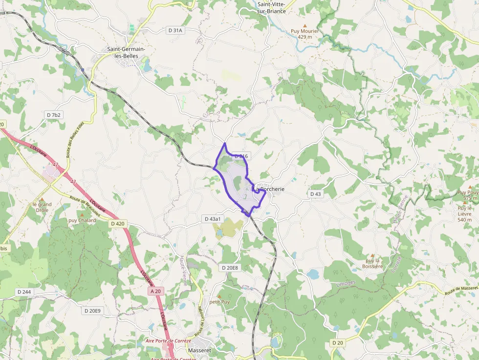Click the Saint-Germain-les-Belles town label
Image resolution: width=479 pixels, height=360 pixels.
pos(123,52)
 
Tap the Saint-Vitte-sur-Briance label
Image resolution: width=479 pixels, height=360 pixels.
pos(271,7)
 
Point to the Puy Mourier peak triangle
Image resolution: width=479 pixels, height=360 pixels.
pos(305,25)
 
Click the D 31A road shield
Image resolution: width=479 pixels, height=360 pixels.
pos(175,30)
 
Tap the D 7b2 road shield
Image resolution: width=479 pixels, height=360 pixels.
pos(54,115)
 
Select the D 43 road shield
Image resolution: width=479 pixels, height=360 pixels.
pos(316,194)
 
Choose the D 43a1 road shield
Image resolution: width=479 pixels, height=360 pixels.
pos(213,219)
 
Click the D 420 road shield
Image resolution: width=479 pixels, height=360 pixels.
pos(118,224)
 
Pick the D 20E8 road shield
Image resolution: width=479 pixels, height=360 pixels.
pos(229,268)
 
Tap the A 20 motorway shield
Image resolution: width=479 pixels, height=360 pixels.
pos(155,291)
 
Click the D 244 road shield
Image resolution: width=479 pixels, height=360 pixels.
pos(24,292)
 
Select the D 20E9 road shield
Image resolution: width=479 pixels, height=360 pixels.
pos(92,311)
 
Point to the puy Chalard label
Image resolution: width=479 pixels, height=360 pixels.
pos(82,220)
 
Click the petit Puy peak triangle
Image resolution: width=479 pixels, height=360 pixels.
pos(219,296)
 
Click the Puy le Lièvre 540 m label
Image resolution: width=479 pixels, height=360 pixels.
pos(464,213)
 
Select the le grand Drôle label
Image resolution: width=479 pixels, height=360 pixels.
pos(42,207)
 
